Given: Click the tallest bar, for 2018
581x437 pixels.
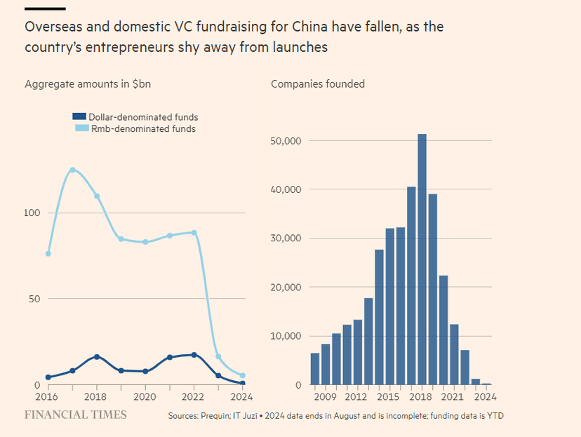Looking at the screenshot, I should click(x=422, y=260).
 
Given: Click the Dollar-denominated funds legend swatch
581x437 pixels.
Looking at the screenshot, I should click(x=79, y=117).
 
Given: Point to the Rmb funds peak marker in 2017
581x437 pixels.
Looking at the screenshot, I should click(x=72, y=170).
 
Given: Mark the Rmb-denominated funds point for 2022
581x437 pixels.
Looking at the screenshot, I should click(x=194, y=232).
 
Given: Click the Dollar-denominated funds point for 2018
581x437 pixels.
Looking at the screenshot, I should click(x=97, y=357).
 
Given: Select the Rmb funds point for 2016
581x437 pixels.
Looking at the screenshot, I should click(x=48, y=253).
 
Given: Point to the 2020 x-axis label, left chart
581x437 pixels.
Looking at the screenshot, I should click(x=145, y=398).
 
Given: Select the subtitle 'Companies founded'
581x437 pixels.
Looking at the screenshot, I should click(x=318, y=84).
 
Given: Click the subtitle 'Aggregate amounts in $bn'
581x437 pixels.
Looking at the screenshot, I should click(x=88, y=84).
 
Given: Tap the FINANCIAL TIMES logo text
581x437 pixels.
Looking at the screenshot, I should click(x=76, y=415).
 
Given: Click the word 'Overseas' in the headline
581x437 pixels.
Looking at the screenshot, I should click(x=51, y=27).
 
